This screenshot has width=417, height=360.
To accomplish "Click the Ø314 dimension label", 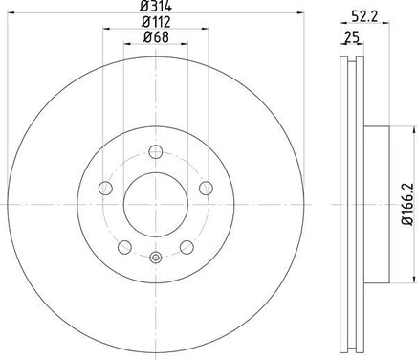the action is click(156, 6).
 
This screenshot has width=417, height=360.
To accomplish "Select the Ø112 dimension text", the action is click(156, 22).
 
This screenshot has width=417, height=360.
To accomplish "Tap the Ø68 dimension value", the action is click(156, 37).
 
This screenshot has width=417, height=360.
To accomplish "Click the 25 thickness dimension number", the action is click(352, 37).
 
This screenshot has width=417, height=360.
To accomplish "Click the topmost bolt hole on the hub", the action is click(156, 151).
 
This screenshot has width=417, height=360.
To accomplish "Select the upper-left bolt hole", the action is click(105, 188).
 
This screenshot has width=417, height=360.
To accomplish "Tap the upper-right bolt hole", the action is click(206, 188).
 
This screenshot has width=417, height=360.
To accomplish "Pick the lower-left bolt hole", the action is click(124, 247).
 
